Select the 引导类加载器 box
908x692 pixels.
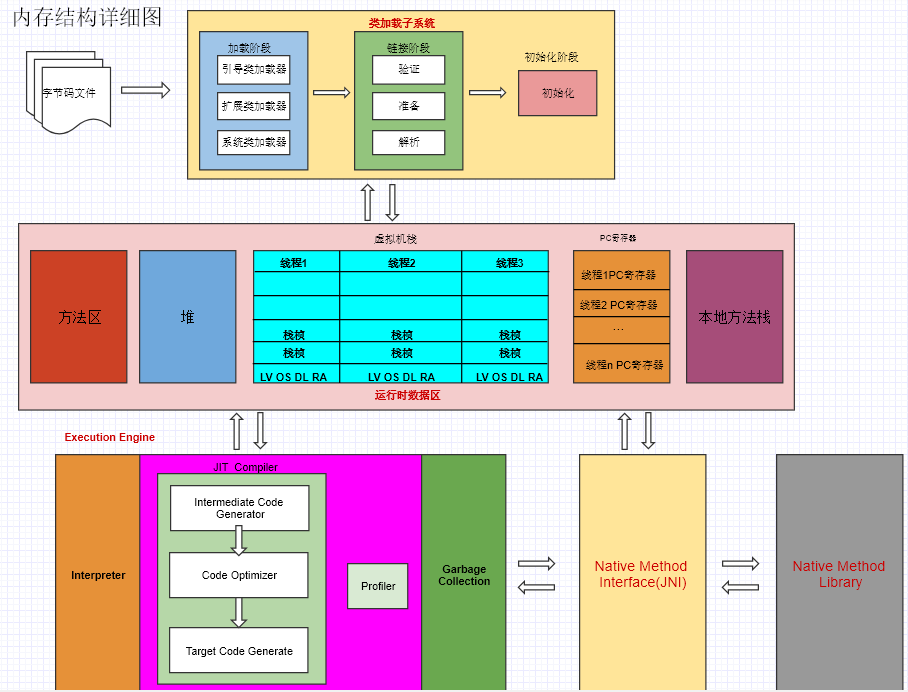(x=254, y=69)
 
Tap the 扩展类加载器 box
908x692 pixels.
(x=254, y=105)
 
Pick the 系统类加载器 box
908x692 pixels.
(x=254, y=142)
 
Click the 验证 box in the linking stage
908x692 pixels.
(x=408, y=69)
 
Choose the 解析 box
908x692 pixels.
(x=408, y=142)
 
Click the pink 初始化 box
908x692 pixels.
(x=557, y=93)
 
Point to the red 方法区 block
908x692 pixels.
(x=79, y=316)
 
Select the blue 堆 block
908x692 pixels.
(x=187, y=316)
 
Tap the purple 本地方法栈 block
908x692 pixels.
(x=734, y=316)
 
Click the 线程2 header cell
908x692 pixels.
(x=401, y=262)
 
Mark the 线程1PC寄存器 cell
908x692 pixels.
(x=621, y=274)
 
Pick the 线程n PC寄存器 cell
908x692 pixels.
(x=621, y=365)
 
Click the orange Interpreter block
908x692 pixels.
(x=98, y=575)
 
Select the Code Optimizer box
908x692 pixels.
(x=239, y=575)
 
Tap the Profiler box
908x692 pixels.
(x=378, y=586)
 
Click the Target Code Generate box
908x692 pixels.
(x=239, y=651)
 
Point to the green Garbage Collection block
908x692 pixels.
(x=464, y=575)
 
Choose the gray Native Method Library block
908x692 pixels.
(x=839, y=573)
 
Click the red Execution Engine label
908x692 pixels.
(x=110, y=437)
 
